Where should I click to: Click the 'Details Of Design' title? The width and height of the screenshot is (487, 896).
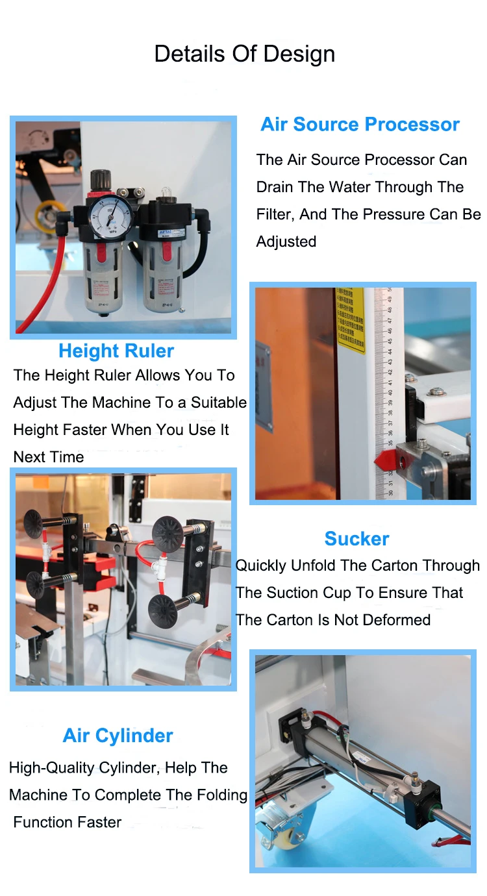point(244,54)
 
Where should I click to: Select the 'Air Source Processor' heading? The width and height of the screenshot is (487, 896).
point(360,125)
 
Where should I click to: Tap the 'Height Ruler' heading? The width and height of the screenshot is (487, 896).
point(116,351)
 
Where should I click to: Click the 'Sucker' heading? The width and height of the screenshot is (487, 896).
point(356,539)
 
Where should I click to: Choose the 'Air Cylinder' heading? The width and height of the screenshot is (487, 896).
point(118,736)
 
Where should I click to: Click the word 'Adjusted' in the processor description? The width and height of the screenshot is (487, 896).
point(286,242)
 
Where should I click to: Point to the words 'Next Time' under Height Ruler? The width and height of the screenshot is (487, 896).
point(49,457)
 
